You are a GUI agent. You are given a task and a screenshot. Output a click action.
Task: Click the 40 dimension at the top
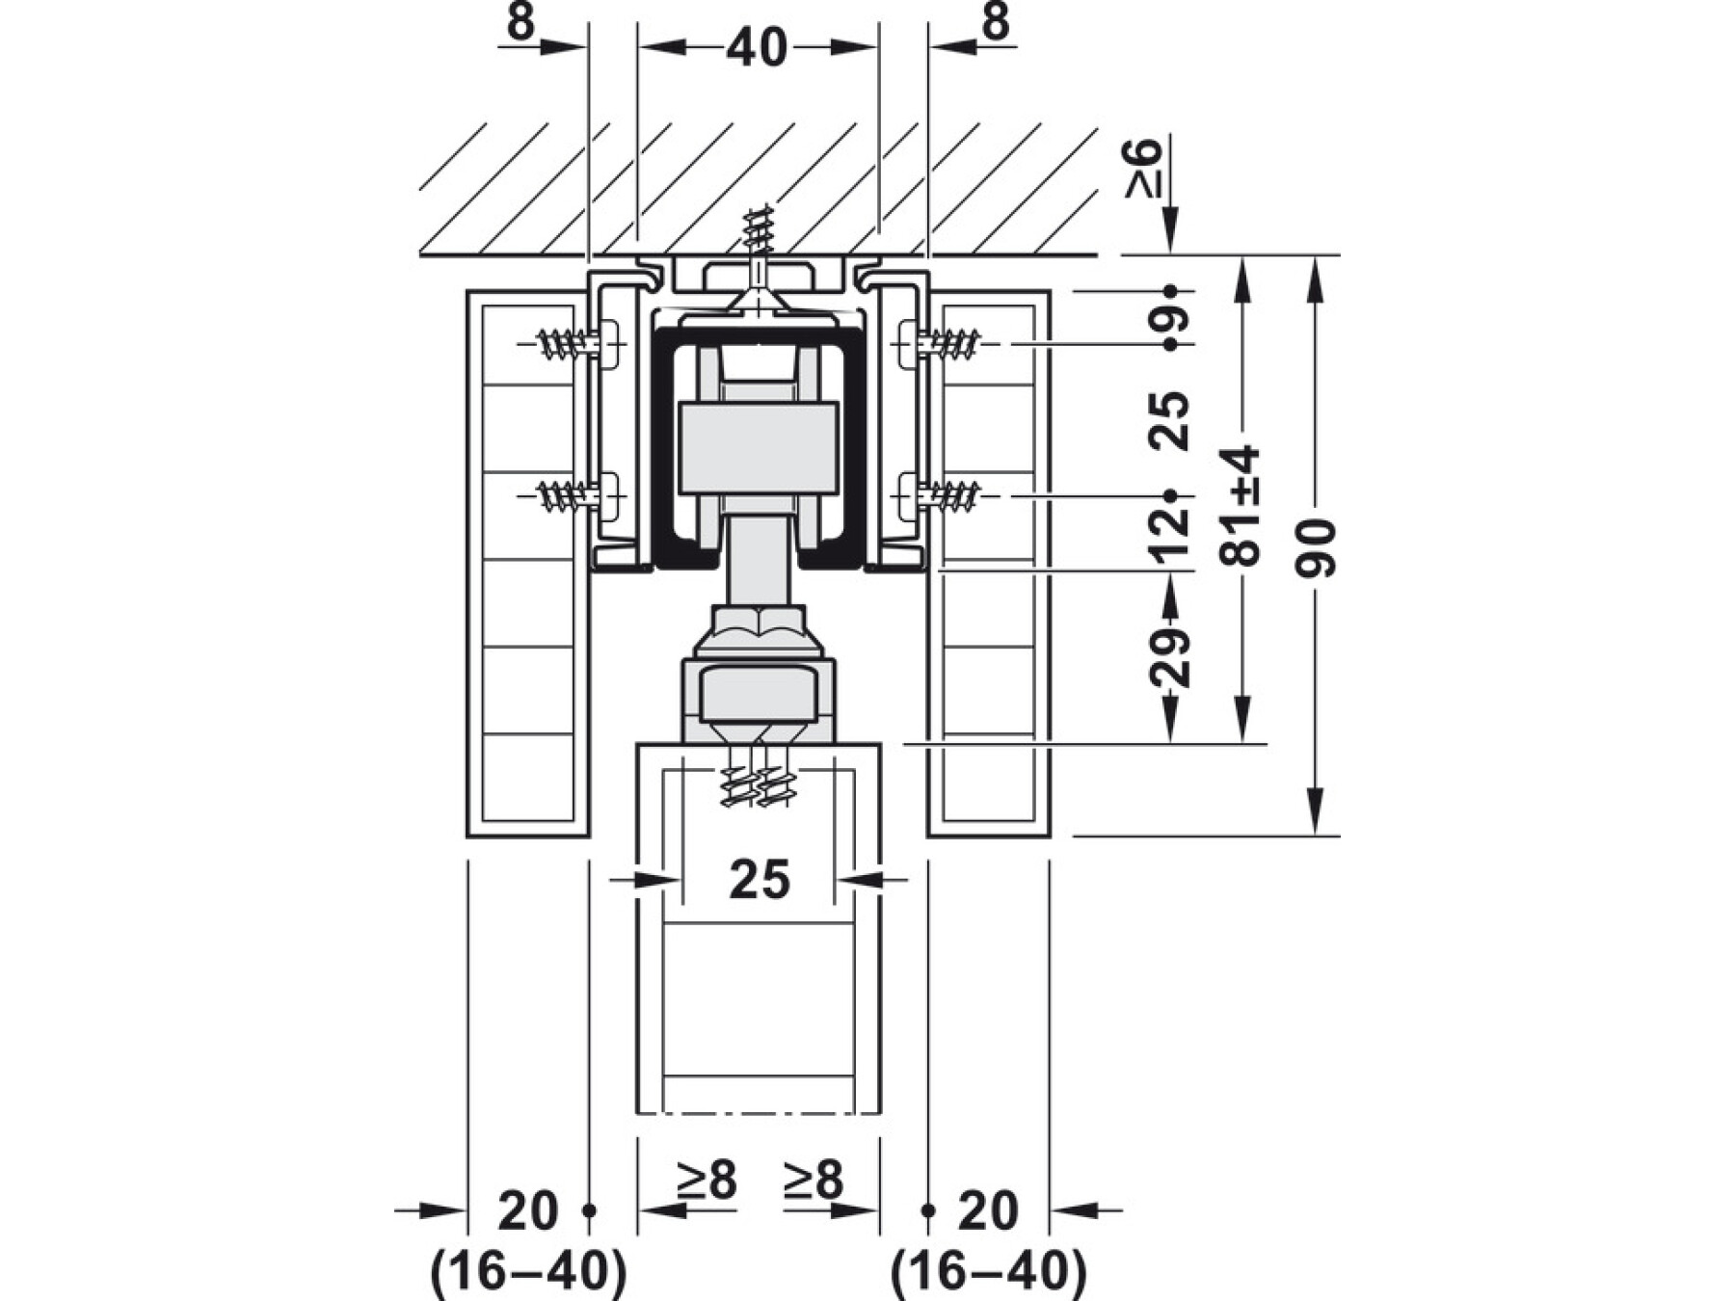[758, 48]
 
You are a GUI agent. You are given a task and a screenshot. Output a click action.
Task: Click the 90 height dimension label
[1317, 547]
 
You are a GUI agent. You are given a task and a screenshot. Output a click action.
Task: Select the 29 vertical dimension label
[1170, 657]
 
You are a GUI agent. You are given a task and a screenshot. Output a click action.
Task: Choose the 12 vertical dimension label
[1170, 533]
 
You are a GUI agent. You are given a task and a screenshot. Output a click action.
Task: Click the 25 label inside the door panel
[760, 879]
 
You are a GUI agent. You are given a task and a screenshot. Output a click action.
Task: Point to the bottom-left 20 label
[527, 1211]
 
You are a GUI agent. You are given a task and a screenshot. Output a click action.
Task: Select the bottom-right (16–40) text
[988, 1271]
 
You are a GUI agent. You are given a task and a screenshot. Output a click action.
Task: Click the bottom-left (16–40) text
[528, 1271]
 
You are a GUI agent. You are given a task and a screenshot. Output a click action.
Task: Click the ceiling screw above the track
[759, 241]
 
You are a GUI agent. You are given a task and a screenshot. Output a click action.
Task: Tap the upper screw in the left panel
[569, 343]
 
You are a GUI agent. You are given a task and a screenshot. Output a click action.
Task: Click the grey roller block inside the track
[759, 448]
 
